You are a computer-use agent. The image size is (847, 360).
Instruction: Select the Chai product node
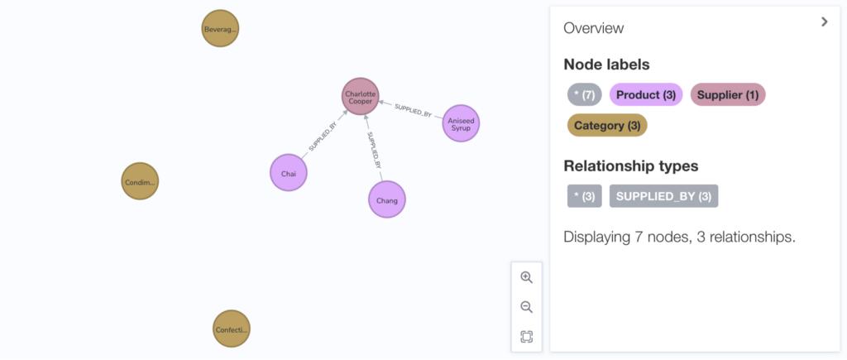pos(289,173)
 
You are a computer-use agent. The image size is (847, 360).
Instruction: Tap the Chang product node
pos(387,199)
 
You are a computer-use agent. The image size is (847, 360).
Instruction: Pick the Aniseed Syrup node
pos(461,123)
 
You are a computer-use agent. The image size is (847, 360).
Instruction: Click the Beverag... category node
pos(220,28)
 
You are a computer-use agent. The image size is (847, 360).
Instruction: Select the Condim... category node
pos(140,181)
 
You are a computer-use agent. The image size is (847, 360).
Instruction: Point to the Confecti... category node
pos(232,329)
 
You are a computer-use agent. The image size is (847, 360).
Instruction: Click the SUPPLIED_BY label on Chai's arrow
pos(323,138)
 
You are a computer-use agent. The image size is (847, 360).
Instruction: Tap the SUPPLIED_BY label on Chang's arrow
pos(375,149)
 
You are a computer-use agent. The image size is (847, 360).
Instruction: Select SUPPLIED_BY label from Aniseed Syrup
pos(414,110)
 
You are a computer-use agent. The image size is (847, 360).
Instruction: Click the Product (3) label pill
pos(646,94)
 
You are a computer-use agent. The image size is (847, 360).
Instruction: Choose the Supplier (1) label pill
pos(728,94)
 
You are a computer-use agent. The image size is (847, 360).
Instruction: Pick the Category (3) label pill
pos(607,126)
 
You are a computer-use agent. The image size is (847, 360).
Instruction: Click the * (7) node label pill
pos(585,94)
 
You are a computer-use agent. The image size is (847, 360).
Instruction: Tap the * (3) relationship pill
pos(585,196)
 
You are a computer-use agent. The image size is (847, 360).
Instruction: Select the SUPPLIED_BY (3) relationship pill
pos(664,196)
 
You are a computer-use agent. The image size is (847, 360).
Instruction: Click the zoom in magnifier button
pos(527,277)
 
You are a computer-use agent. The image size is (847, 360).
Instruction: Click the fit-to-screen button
pos(527,337)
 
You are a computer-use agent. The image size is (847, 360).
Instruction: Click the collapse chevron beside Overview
pos(825,22)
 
